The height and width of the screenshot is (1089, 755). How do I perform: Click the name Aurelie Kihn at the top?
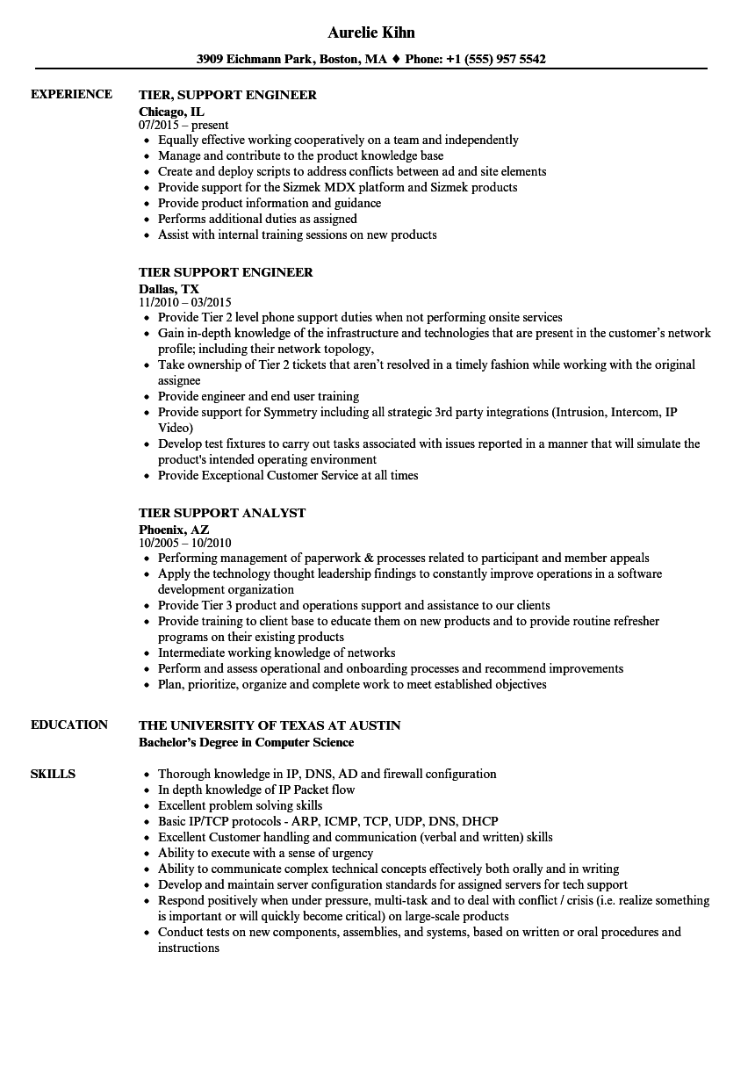371,32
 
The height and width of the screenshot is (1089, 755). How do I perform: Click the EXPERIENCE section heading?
71,95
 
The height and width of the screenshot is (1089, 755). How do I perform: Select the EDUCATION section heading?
69,725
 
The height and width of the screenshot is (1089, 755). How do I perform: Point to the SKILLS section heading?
53,775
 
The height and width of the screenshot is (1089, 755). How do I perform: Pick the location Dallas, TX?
169,288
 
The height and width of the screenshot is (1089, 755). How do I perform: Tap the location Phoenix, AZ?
174,529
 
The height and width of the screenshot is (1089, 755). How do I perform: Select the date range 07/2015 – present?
183,126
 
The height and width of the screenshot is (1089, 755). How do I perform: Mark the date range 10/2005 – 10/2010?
185,544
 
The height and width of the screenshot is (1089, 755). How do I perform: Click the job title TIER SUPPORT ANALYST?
222,513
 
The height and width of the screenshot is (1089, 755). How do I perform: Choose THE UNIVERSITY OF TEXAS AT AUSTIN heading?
270,725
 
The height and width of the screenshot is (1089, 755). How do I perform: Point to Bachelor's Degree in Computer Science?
247,743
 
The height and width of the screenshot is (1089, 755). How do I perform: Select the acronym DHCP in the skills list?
479,822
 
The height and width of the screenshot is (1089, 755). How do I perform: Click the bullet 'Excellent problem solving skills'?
240,806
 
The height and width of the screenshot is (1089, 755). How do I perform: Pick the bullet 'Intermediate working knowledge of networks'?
277,653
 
